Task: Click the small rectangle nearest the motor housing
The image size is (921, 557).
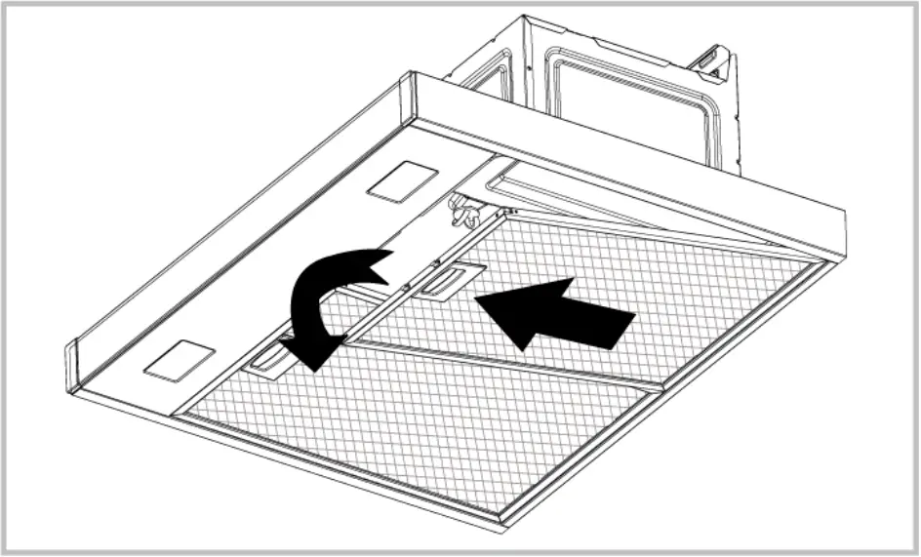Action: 399,181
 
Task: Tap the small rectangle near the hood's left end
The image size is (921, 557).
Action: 179,360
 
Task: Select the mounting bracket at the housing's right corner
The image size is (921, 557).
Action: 713,65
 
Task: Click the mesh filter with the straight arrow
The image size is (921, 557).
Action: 624,293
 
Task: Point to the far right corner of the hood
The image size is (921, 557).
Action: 840,256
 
